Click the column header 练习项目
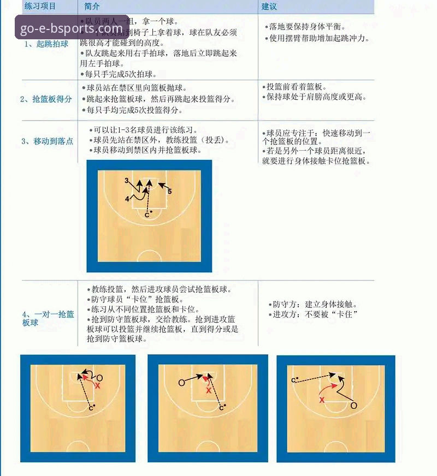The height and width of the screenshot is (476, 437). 40,5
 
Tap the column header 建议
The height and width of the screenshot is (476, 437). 269,6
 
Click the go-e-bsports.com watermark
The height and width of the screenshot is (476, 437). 72,28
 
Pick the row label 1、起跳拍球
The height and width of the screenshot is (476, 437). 46,44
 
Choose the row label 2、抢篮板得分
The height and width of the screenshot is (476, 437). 46,99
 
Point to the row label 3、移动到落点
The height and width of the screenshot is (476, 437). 47,141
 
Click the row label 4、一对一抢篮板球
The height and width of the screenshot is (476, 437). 48,318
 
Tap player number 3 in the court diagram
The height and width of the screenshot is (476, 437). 126,180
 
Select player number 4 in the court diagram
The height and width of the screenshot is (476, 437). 127,199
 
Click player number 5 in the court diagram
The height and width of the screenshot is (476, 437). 170,192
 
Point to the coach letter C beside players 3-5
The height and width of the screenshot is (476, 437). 146,215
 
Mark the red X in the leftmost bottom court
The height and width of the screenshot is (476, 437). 98,386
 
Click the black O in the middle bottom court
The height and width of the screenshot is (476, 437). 181,383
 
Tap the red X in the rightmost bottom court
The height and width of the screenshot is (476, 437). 322,400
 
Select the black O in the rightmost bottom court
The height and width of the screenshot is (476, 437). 353,406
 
